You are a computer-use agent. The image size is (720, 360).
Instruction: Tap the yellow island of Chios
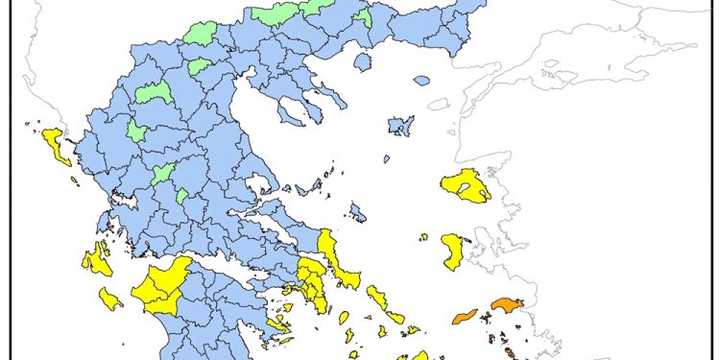[452, 252]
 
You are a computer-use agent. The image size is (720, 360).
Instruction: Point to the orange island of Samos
[506, 305]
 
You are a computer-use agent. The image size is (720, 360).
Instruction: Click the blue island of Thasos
[362, 61]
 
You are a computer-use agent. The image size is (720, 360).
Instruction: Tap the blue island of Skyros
[358, 212]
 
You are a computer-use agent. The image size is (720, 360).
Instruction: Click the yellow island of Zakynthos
[110, 299]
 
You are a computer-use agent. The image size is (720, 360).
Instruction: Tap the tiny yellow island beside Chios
[422, 236]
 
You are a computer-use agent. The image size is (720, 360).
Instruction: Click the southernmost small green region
[181, 196]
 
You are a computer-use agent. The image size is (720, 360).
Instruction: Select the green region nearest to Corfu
[137, 131]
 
